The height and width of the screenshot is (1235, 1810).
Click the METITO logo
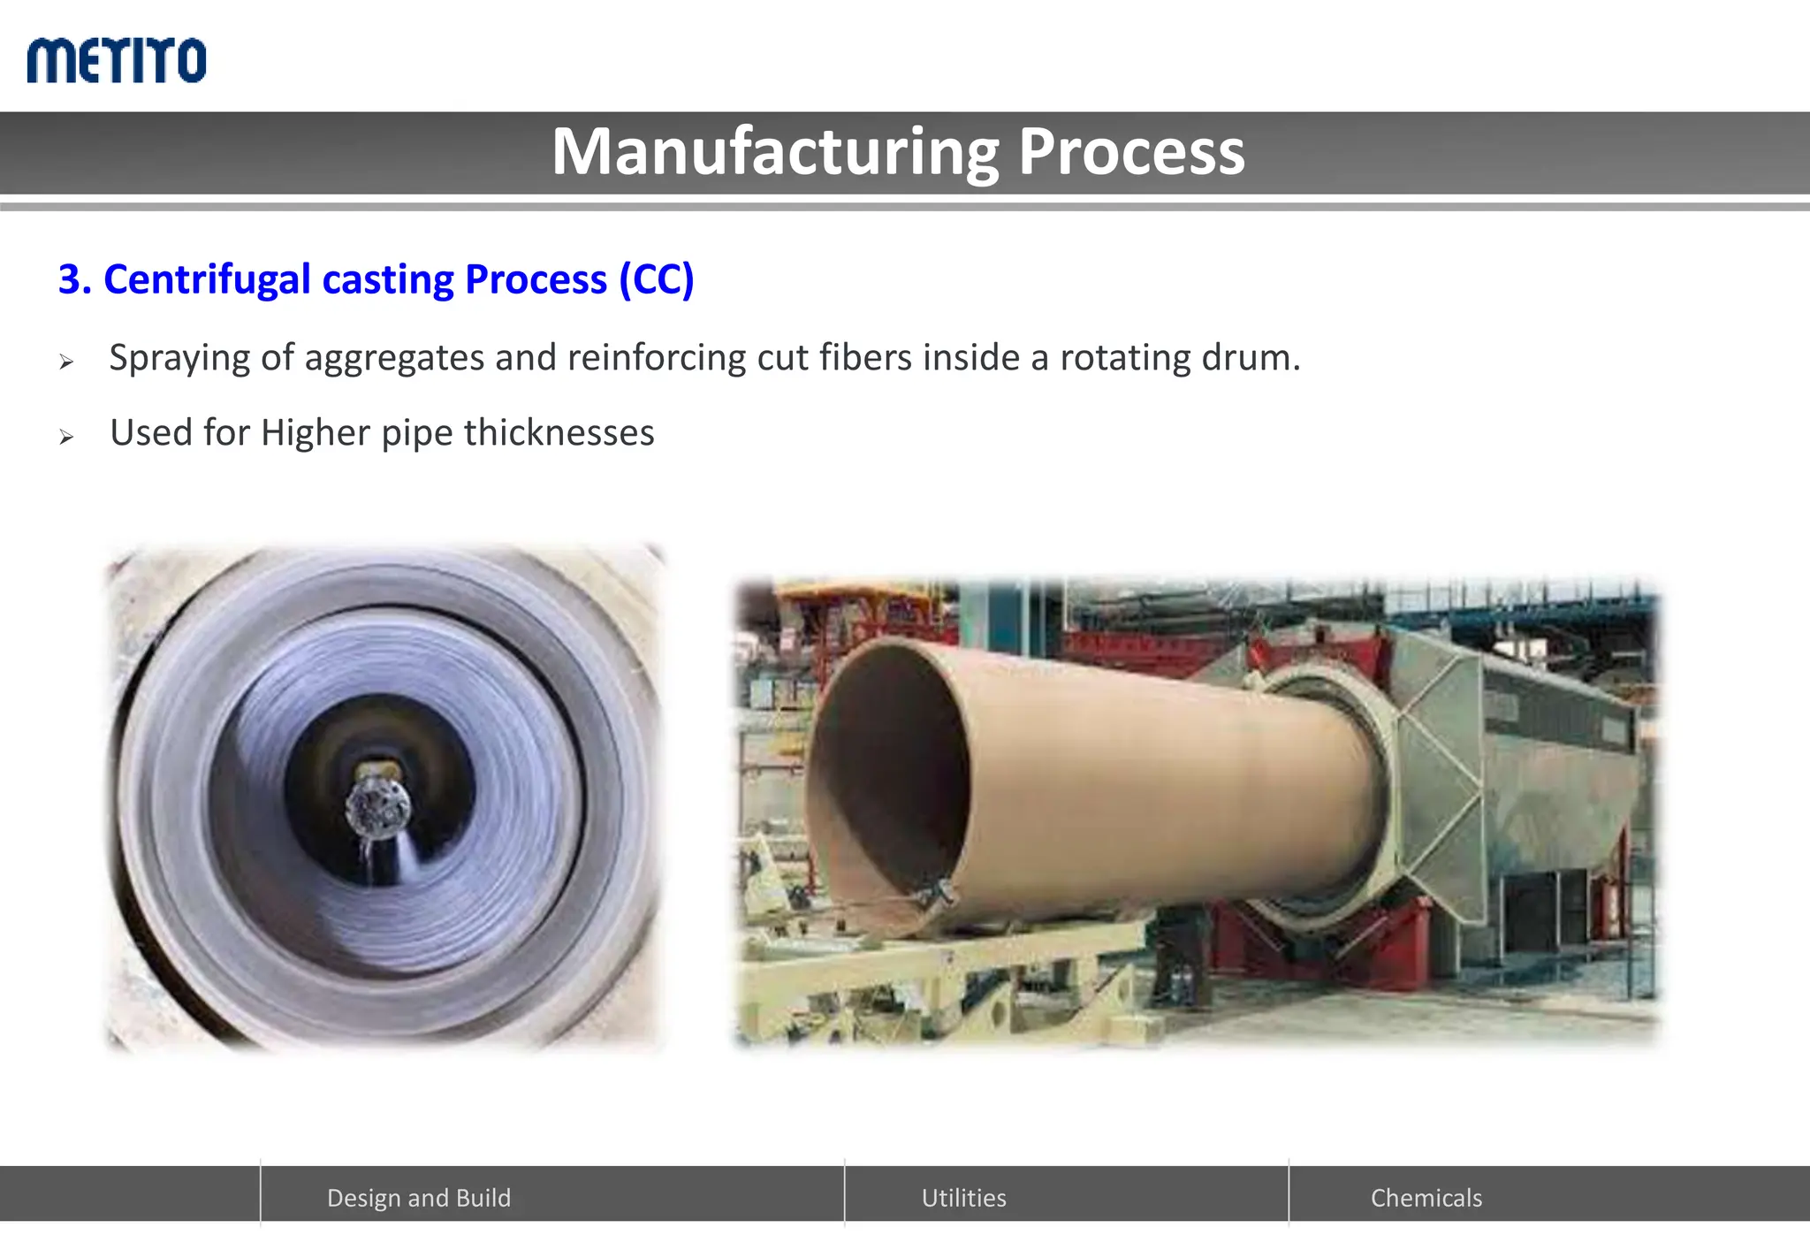(x=117, y=61)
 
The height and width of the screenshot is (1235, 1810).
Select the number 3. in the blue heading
(x=74, y=280)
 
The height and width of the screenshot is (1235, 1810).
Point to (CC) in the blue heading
(x=656, y=280)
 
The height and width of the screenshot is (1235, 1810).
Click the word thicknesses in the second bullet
(x=559, y=433)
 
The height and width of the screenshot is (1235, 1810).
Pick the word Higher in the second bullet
(x=315, y=433)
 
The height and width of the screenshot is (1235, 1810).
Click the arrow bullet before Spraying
(x=66, y=362)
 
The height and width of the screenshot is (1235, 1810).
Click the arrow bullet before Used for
(x=66, y=437)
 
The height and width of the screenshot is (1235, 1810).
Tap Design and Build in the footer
(x=419, y=1198)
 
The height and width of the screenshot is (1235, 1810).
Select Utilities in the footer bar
(x=963, y=1198)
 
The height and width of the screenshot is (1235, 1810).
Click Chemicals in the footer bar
(x=1426, y=1198)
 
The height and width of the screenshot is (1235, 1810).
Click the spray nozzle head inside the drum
(x=377, y=804)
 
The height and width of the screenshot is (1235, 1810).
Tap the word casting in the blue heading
(x=388, y=280)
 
